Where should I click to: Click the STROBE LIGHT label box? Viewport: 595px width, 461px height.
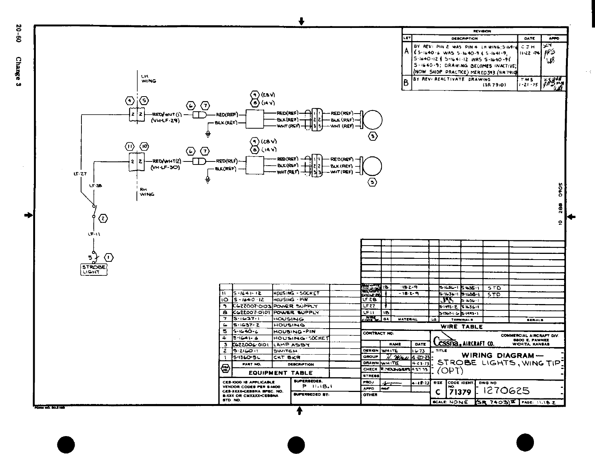(94, 269)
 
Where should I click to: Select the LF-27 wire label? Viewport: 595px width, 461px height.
(80, 174)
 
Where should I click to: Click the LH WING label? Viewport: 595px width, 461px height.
(148, 78)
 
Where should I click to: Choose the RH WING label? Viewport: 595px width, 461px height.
(147, 192)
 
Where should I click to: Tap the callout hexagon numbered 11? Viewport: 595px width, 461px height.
(129, 146)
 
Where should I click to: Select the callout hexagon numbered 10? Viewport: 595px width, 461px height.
(144, 146)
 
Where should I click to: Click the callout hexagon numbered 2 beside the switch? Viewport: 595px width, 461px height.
(103, 218)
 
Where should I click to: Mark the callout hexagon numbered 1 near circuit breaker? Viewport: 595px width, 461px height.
(109, 258)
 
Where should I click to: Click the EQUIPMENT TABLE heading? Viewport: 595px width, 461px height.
(281, 373)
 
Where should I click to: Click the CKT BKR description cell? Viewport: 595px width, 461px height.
(287, 357)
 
